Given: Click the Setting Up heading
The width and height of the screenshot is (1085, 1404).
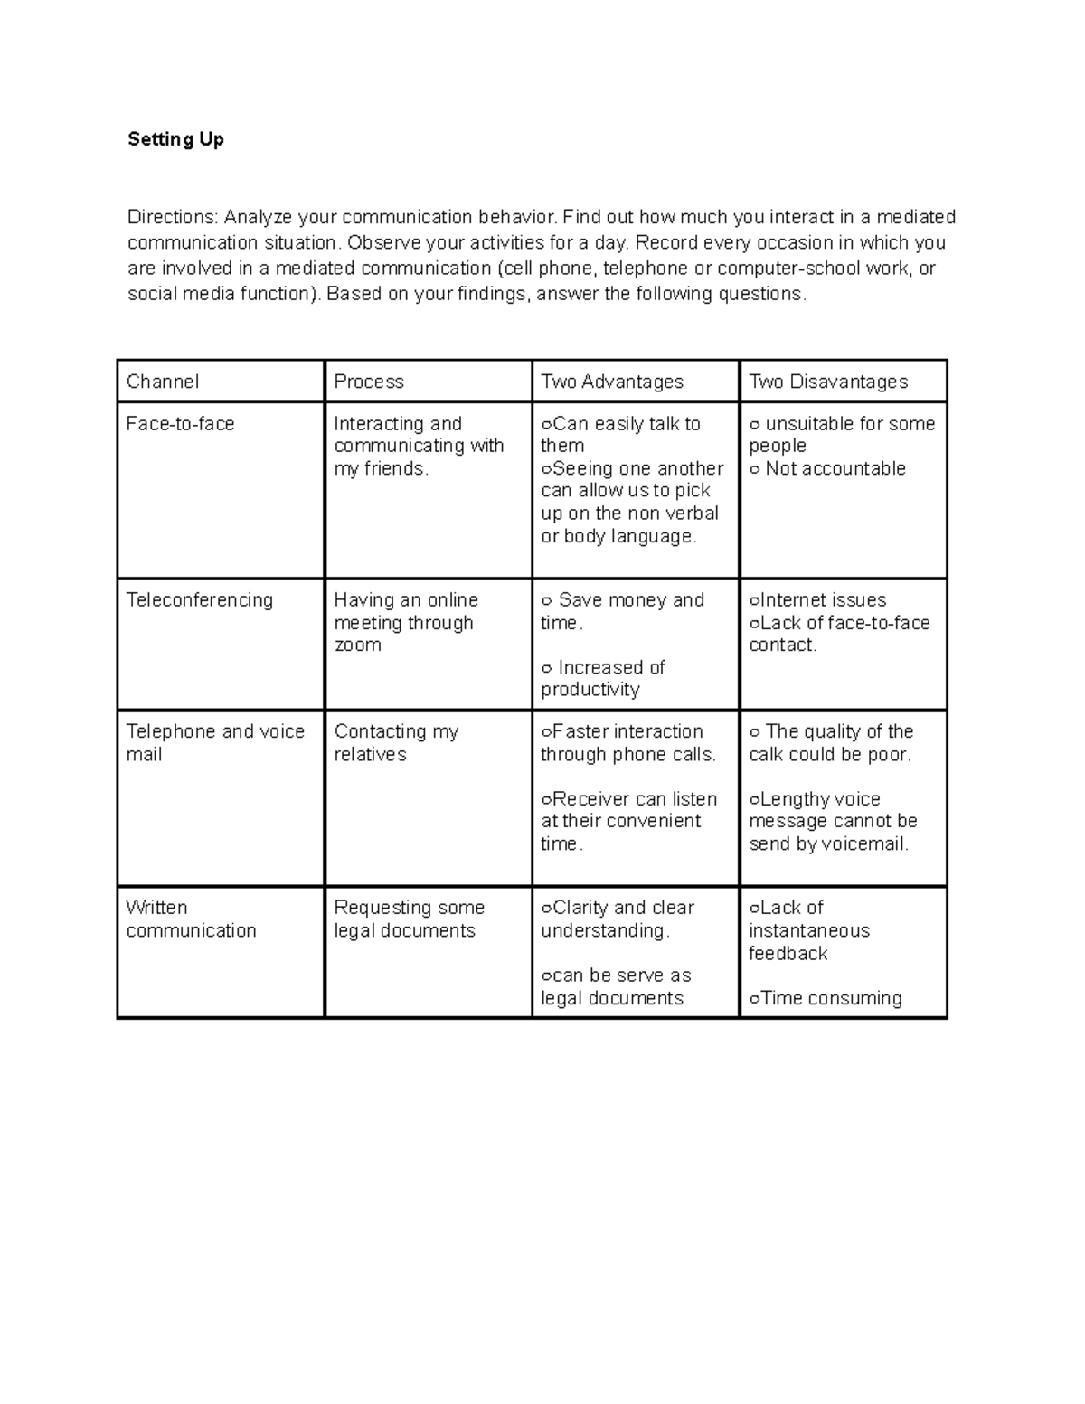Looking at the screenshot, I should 175,139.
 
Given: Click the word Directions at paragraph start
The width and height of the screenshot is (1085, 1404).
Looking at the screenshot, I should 172,217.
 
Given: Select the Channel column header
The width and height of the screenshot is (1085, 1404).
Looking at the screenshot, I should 163,382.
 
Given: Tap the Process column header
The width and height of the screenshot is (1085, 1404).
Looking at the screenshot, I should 369,382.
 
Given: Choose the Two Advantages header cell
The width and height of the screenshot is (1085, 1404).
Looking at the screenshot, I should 612,382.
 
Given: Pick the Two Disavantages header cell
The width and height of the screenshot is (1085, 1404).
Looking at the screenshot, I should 828,382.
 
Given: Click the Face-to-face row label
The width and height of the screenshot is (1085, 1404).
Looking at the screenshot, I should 180,424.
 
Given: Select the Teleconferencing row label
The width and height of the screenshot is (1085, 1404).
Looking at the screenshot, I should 199,600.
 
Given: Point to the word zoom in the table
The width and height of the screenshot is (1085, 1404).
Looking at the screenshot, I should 357,645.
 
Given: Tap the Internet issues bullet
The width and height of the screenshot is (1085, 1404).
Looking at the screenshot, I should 818,600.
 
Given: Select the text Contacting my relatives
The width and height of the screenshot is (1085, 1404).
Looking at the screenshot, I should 395,742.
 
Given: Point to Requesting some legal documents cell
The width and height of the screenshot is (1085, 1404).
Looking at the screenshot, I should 409,919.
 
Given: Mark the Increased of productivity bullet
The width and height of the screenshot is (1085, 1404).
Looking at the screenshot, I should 602,678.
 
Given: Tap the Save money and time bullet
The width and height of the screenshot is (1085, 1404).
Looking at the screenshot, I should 622,611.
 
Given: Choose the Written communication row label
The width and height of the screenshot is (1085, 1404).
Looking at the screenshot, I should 191,919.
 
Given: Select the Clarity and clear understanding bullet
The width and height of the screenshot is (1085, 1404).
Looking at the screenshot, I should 618,919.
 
